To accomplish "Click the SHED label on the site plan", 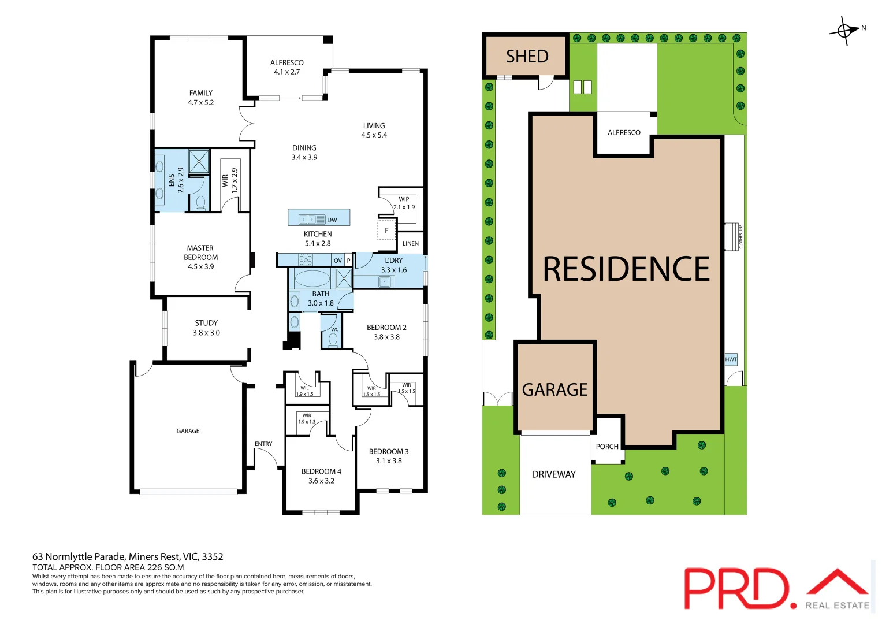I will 527,56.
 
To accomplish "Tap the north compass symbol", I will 844,31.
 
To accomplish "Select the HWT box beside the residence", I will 731,359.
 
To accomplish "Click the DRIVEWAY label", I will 553,474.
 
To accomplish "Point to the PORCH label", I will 607,447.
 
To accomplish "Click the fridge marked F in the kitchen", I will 386,230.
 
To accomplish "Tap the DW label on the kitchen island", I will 332,220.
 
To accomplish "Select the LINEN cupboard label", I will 411,243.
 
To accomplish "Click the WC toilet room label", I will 334,330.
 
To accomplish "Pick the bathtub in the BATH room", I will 312,278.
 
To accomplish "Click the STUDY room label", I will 206,323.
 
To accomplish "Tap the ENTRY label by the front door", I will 263,444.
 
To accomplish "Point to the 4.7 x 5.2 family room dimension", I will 200,102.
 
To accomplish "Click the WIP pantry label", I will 404,199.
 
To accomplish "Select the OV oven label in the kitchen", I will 338,261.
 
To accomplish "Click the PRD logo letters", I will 736,588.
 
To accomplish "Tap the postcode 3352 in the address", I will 212,557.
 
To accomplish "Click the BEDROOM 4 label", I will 321,471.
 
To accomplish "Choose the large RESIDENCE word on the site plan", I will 626,269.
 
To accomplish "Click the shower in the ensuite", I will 199,162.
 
